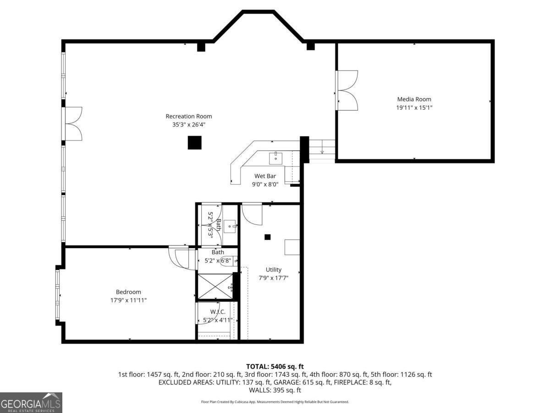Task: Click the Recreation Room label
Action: [189, 117]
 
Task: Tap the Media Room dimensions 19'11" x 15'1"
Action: [414, 108]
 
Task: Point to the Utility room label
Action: [274, 270]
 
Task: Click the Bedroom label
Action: [128, 292]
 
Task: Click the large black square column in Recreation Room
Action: [195, 143]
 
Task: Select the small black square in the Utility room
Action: [268, 237]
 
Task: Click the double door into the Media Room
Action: [347, 90]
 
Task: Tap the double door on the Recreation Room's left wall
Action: [73, 124]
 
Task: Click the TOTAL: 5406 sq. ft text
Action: [275, 366]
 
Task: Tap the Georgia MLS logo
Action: [31, 402]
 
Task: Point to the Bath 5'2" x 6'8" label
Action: [218, 257]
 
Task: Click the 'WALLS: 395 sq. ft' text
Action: [275, 391]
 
